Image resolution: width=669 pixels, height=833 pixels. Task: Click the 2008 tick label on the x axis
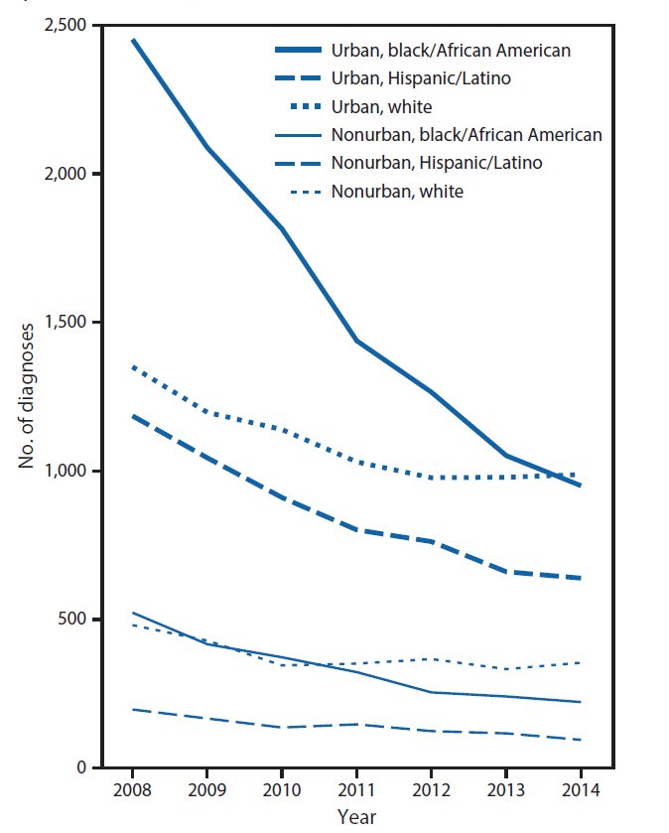coord(131,791)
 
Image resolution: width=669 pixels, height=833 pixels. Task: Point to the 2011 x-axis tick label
coord(355,791)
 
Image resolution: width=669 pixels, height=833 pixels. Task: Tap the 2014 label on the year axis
coord(580,791)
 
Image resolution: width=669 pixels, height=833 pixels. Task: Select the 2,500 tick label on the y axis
coord(64,25)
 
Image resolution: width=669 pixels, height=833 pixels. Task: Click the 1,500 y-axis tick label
coord(64,323)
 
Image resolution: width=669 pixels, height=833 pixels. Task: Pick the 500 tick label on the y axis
coord(72,620)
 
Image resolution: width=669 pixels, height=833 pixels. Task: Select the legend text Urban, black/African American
coord(452,49)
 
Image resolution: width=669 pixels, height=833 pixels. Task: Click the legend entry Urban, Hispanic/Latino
coord(424,77)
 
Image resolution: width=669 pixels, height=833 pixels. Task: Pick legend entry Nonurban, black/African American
coord(468,134)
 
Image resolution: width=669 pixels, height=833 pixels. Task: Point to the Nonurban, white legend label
coord(398,191)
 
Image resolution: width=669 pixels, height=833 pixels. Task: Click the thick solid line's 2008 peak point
coord(132,40)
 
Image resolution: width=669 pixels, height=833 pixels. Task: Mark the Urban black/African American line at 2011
coord(355,341)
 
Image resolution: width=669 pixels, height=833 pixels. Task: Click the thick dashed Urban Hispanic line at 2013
coord(505,572)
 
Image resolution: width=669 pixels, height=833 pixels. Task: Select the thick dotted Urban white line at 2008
coord(132,366)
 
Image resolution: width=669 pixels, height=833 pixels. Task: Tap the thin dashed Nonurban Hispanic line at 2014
coord(579,740)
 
